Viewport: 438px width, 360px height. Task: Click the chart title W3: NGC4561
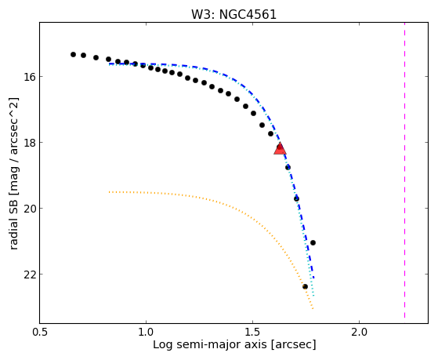click(233, 15)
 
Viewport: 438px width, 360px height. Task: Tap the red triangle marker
click(281, 149)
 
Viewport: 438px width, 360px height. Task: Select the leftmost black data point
click(73, 55)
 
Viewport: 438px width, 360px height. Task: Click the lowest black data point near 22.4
click(305, 286)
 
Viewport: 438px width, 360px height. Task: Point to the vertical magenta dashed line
click(404, 170)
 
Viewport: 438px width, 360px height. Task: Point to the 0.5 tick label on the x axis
click(40, 333)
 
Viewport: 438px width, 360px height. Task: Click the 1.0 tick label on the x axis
click(146, 333)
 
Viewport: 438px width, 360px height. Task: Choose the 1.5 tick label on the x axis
click(252, 333)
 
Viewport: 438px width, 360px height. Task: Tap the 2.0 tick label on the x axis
click(359, 333)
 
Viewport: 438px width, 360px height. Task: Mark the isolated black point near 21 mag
click(313, 242)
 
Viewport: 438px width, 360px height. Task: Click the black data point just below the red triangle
click(288, 167)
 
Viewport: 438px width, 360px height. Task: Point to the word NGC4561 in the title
click(248, 15)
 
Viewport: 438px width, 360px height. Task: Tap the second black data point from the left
click(84, 55)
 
